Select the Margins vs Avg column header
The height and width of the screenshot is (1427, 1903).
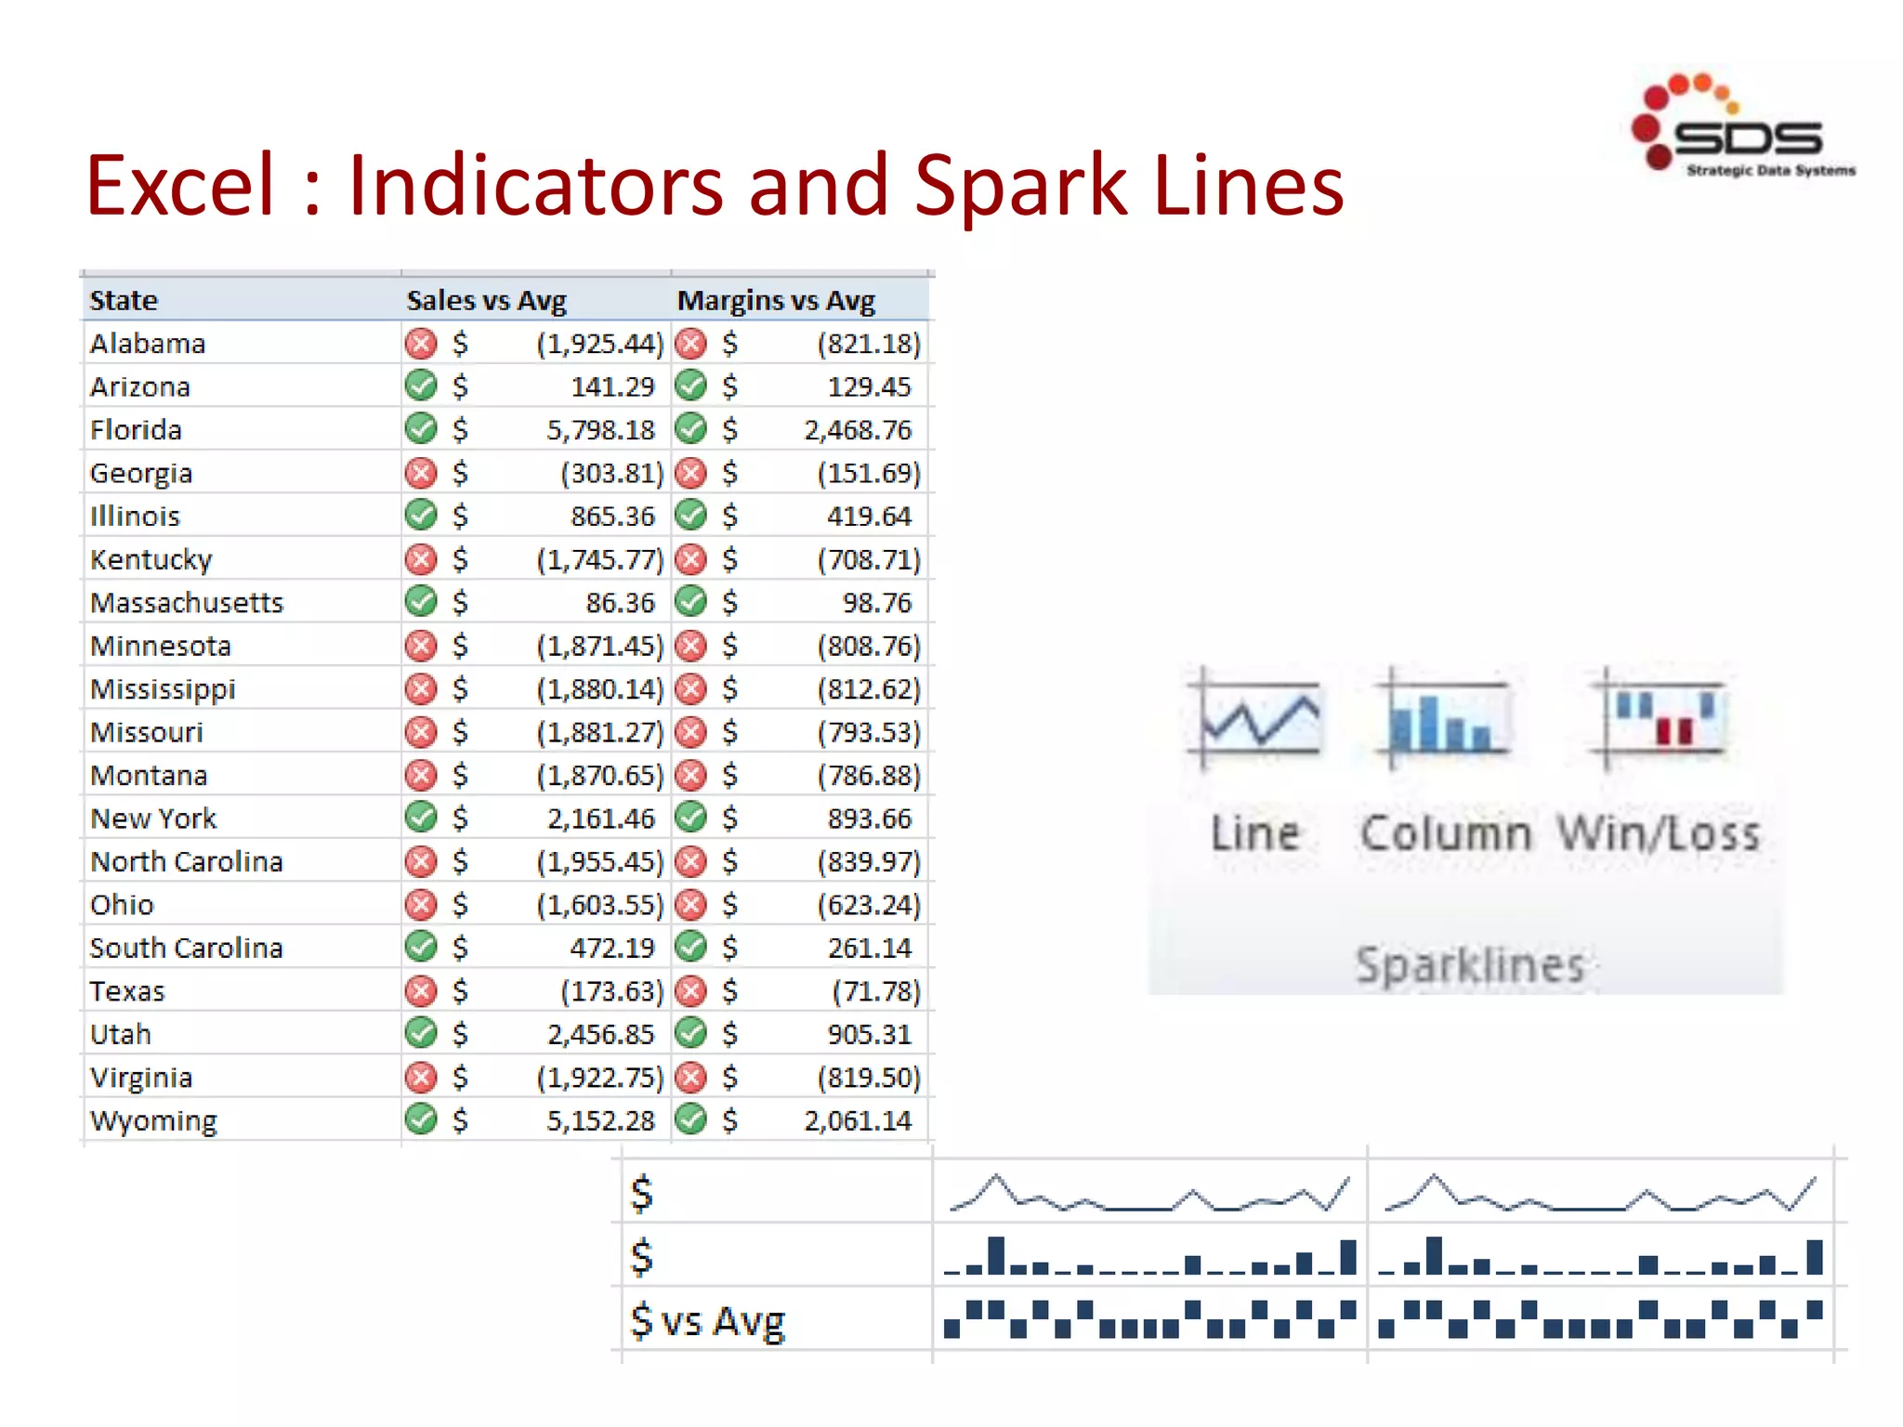(x=775, y=301)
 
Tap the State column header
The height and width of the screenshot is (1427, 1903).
(x=124, y=301)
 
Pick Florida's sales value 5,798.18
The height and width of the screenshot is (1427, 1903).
(x=600, y=430)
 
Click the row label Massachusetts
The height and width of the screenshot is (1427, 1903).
(x=186, y=603)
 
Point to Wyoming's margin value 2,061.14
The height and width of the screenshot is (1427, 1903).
(x=857, y=1121)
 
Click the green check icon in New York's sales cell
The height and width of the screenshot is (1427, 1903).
(x=421, y=818)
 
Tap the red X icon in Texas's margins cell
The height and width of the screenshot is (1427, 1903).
(x=690, y=991)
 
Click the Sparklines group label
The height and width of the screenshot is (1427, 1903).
(x=1469, y=965)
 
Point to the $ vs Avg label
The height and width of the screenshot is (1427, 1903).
(x=707, y=1321)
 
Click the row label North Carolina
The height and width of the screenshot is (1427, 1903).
(x=186, y=862)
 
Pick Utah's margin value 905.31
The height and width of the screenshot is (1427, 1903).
(x=869, y=1035)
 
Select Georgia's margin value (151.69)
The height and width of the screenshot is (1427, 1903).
(x=868, y=474)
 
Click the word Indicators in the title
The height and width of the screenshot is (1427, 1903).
(x=534, y=186)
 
